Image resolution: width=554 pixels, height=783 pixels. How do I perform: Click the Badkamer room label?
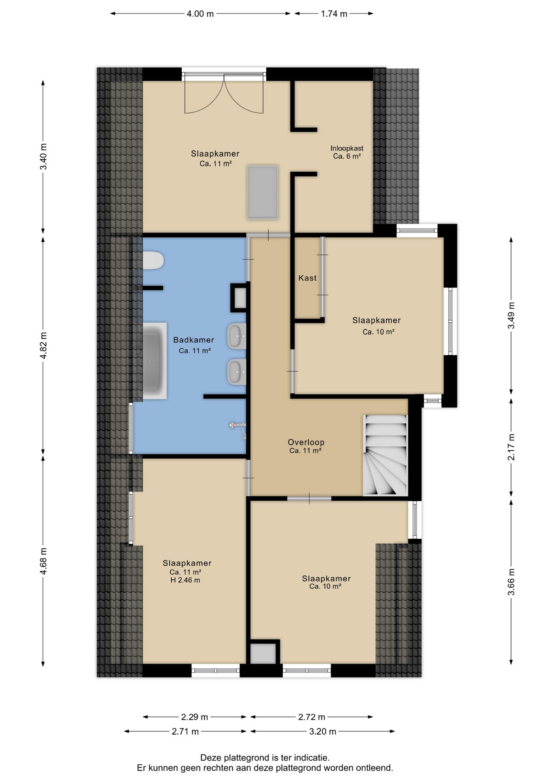point(194,340)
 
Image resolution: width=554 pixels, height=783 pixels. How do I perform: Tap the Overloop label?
point(306,442)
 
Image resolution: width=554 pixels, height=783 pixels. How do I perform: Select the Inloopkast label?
point(347,148)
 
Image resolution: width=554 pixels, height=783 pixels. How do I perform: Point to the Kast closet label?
point(308,278)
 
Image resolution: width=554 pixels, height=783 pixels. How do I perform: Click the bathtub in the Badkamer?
point(155,361)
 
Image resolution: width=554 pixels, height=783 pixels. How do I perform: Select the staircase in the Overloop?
point(386,456)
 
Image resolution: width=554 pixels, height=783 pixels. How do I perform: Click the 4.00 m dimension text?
point(200,14)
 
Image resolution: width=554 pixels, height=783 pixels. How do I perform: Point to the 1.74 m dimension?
point(334,14)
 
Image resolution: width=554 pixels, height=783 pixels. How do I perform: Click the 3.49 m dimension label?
point(511,315)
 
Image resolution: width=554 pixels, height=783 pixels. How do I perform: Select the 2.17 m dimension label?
point(511,447)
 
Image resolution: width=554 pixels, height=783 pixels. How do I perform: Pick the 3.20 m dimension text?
point(323,731)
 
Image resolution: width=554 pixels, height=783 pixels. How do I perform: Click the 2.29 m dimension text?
point(195,717)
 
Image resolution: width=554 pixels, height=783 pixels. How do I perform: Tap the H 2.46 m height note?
point(185,580)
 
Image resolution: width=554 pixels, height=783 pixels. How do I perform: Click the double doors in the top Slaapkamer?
point(224,93)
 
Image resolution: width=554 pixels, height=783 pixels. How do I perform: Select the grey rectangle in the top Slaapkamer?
point(263,192)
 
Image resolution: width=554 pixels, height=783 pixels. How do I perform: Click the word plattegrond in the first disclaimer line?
point(246,758)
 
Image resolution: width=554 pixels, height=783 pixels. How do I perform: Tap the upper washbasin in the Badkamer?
point(237,336)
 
